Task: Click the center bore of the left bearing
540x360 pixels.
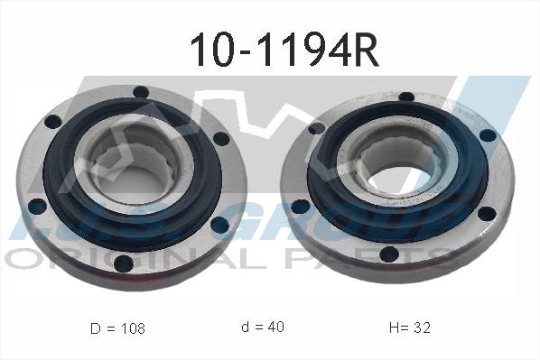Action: point(135,164)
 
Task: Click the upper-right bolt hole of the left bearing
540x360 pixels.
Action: point(218,139)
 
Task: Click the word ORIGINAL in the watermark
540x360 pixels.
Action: point(117,259)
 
